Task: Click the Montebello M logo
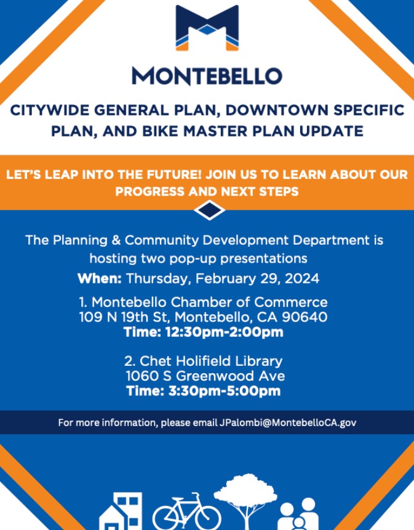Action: (207, 28)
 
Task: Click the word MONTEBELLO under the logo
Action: (207, 76)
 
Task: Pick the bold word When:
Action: (100, 279)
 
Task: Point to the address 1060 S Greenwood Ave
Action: (205, 376)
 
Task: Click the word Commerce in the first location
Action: (292, 303)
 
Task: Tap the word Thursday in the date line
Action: (158, 279)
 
